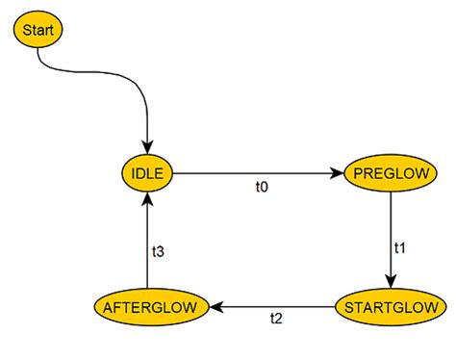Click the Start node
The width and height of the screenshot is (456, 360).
(38, 31)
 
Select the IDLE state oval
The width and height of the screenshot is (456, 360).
(147, 174)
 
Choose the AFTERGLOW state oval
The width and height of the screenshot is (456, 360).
(152, 308)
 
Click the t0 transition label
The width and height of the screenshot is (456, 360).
(261, 187)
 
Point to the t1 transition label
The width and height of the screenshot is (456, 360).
(400, 247)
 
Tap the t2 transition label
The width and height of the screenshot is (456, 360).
(276, 320)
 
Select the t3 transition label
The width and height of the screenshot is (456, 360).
(158, 251)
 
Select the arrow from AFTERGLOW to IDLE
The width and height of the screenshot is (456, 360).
(147, 245)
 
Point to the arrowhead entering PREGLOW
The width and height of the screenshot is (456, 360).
(338, 174)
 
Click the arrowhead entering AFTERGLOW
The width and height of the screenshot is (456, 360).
(217, 308)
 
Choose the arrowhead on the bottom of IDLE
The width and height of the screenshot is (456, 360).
(147, 202)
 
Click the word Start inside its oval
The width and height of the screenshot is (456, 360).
(38, 31)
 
